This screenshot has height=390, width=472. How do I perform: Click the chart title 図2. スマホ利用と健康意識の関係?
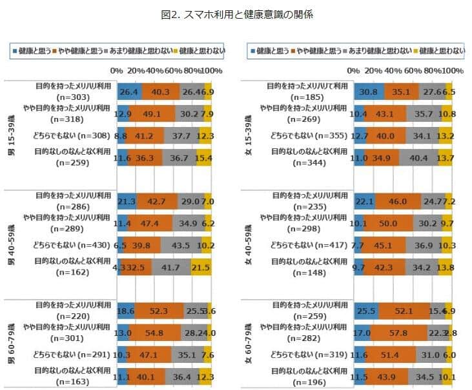click(x=236, y=14)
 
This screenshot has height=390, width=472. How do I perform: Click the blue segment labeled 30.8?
click(x=369, y=92)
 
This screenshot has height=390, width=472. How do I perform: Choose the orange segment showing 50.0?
click(x=388, y=223)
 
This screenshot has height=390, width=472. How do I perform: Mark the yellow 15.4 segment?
click(x=205, y=157)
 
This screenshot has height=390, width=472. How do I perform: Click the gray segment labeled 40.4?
click(x=418, y=157)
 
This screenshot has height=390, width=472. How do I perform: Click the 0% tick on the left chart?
click(x=116, y=70)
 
